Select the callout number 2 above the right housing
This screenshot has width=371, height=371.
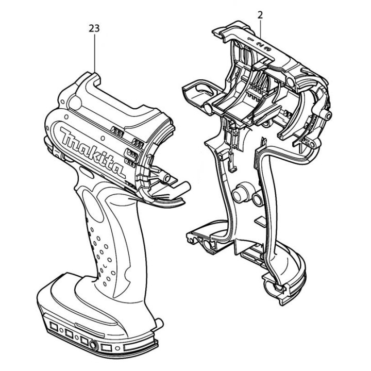260,15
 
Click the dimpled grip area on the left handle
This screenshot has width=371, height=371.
100,242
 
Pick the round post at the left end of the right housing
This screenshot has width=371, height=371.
207,108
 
